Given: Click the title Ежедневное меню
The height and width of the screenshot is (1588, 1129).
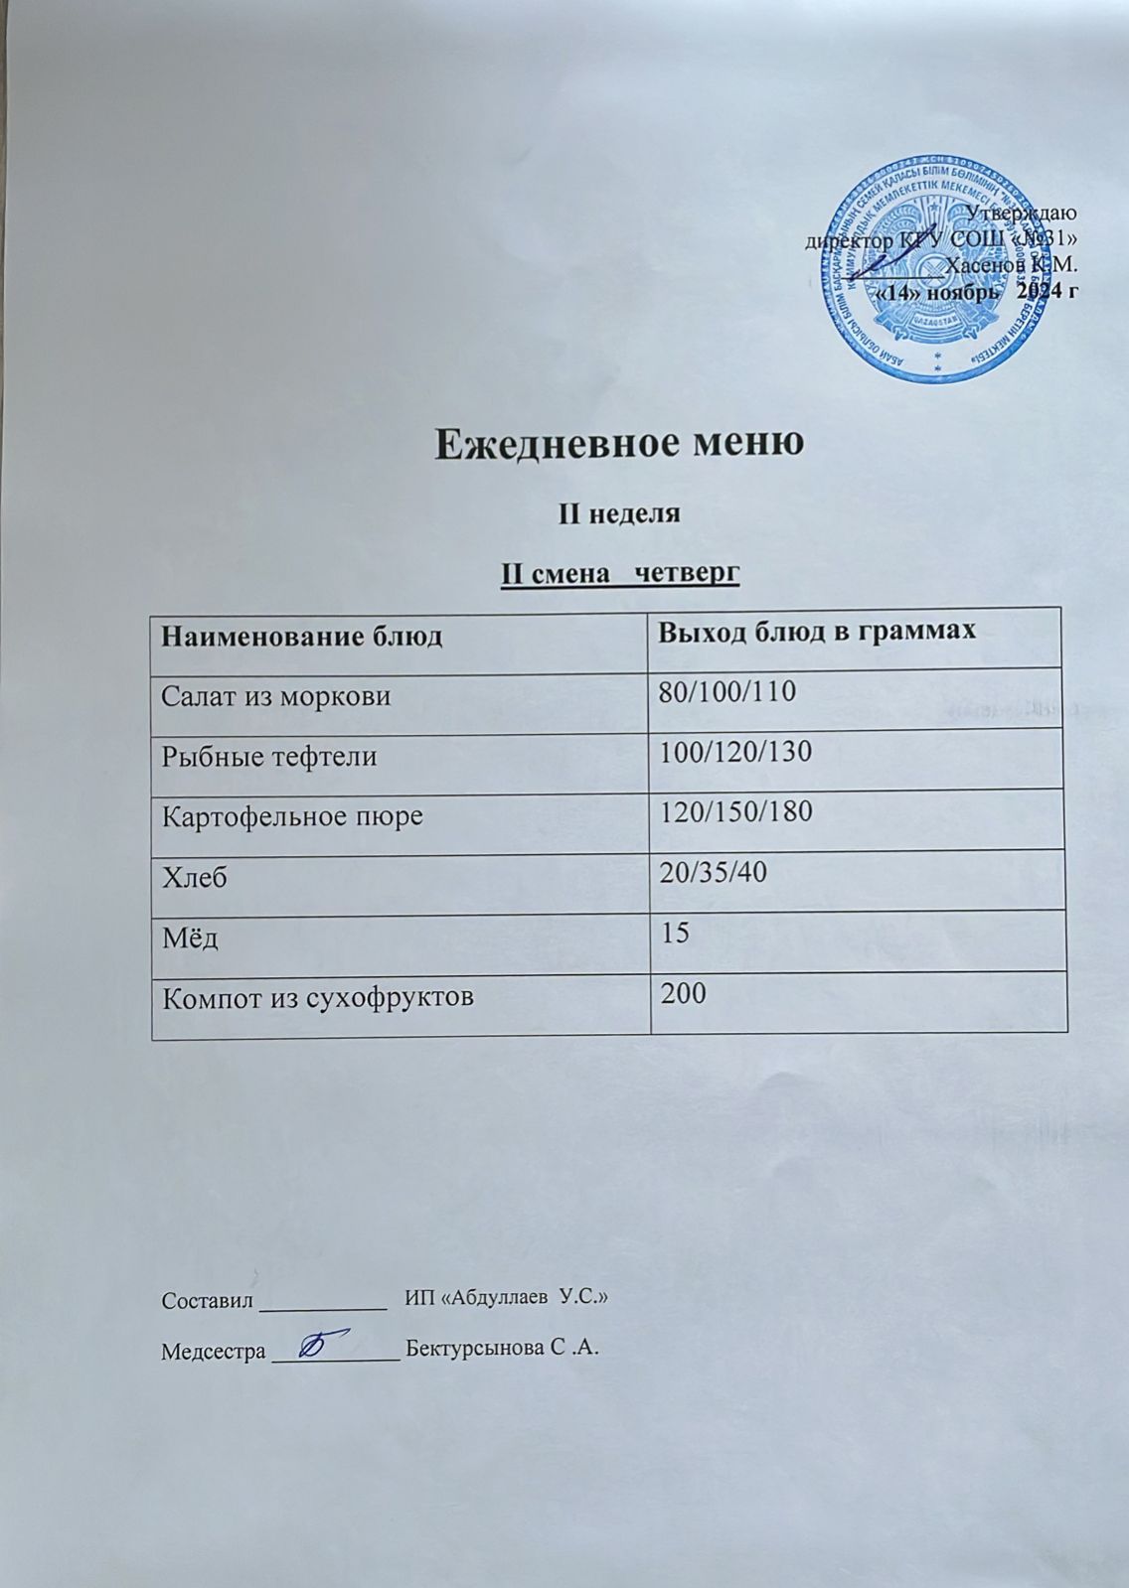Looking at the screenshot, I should [619, 444].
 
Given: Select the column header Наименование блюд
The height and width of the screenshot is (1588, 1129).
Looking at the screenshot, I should [302, 635].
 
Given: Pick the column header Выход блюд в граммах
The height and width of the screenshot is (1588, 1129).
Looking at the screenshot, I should [818, 631].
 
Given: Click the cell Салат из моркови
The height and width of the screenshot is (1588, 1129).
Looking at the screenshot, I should [276, 696].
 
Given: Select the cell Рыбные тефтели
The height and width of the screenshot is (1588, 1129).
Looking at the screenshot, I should [269, 757].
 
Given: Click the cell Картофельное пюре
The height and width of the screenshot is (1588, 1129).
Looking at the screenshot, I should [293, 816].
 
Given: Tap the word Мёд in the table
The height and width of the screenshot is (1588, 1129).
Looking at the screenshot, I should [191, 938].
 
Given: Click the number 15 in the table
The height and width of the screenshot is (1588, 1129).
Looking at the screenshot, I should [676, 933].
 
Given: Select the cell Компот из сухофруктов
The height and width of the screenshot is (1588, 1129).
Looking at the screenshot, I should [318, 997].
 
